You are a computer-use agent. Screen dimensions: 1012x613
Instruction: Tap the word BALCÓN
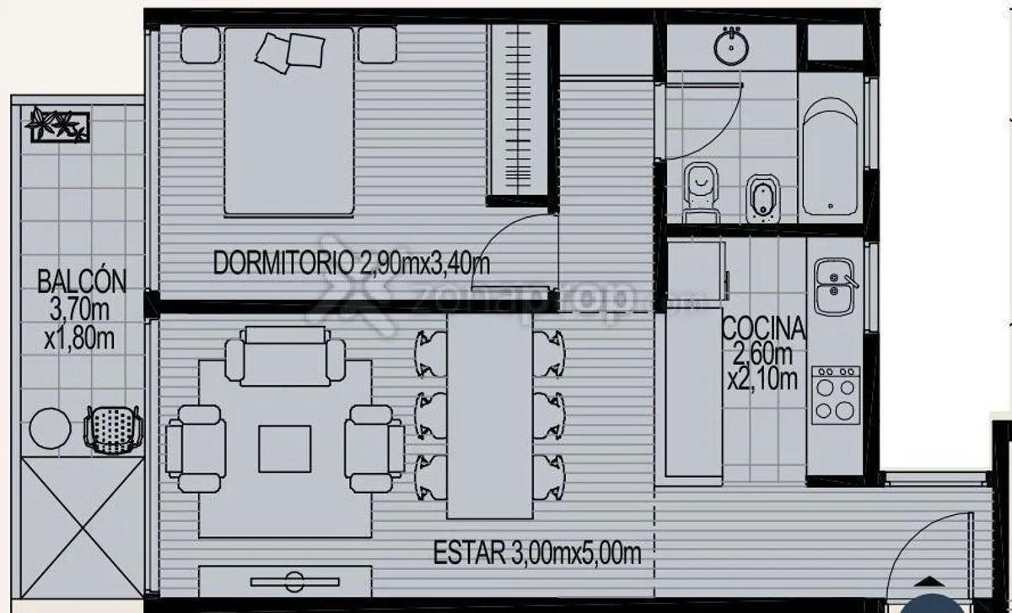(x=82, y=281)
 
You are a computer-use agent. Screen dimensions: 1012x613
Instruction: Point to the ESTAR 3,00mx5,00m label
(x=537, y=552)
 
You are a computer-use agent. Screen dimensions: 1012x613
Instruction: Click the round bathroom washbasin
(x=731, y=46)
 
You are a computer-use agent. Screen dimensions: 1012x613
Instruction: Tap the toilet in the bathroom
(x=701, y=193)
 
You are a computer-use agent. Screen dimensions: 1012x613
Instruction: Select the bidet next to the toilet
(x=763, y=198)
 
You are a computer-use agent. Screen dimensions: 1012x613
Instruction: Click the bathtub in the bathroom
(x=831, y=157)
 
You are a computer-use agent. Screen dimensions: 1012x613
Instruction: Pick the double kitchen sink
(x=835, y=287)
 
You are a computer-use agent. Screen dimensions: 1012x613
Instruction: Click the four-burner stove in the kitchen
(x=836, y=395)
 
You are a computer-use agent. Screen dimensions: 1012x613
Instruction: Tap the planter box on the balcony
(x=60, y=125)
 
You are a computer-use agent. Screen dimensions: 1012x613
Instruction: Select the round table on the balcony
(x=50, y=428)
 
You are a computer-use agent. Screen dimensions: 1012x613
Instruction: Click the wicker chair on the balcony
(x=113, y=430)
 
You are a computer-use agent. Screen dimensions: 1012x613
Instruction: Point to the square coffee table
(x=285, y=449)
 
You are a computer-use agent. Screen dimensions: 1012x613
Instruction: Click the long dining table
(x=490, y=415)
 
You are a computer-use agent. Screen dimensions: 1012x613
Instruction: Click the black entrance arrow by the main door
(x=931, y=582)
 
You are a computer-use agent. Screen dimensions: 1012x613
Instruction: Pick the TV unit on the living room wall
(x=285, y=581)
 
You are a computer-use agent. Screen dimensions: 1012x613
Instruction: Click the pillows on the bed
(x=290, y=52)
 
